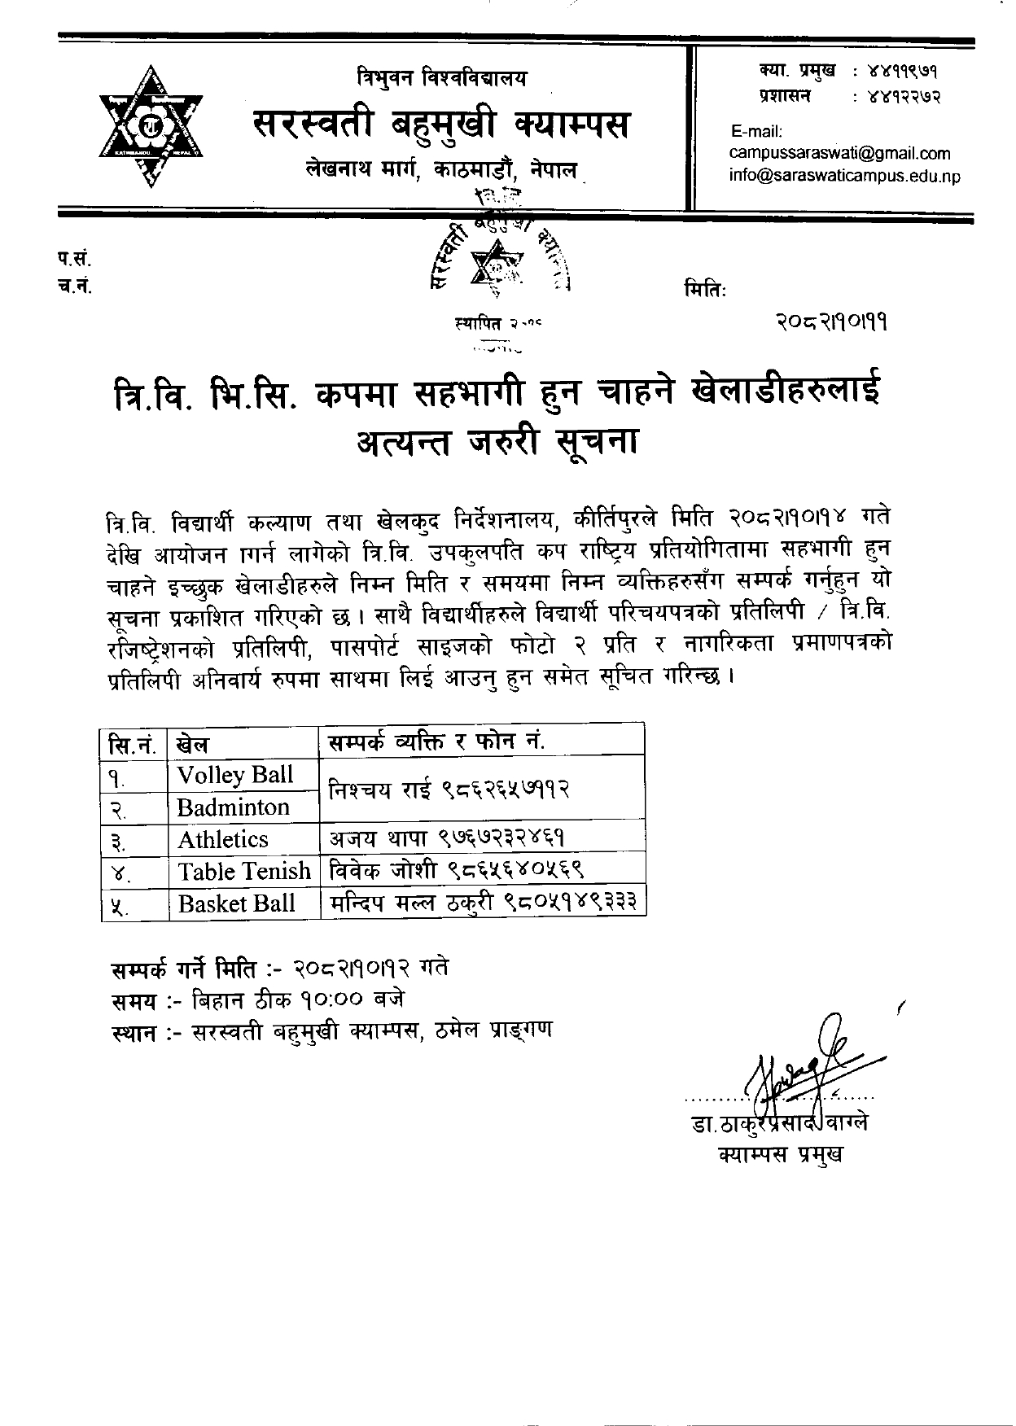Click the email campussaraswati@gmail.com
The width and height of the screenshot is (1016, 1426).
[839, 153]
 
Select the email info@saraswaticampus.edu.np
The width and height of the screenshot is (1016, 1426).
[844, 175]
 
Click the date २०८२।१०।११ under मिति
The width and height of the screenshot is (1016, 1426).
[831, 323]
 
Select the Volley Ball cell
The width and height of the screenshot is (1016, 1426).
[235, 774]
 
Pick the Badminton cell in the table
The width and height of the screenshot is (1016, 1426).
[234, 807]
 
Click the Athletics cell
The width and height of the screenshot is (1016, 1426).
[223, 839]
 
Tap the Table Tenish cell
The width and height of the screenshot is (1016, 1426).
[244, 872]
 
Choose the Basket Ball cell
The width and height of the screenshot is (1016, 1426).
[236, 903]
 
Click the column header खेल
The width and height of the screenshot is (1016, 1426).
[192, 742]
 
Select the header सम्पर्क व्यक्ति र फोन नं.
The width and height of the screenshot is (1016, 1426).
[436, 741]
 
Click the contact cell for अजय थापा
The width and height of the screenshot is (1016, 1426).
[447, 839]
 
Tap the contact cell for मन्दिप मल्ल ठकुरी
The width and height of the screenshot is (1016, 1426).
[484, 903]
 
